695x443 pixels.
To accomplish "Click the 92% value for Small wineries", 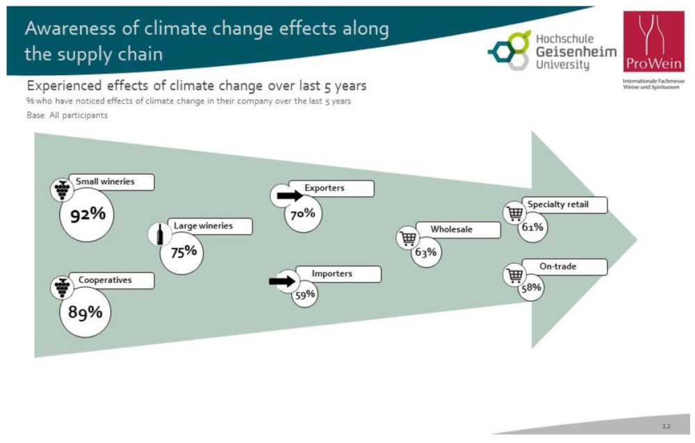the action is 88,215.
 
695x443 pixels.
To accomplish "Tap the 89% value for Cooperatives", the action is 85,312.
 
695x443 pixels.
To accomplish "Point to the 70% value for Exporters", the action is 303,214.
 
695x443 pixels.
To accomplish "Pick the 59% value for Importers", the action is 305,294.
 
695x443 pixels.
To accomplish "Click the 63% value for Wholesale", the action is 426,252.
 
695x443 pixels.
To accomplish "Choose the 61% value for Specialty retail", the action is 532,227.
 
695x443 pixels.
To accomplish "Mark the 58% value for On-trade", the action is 531,288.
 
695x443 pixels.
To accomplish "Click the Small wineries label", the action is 105,182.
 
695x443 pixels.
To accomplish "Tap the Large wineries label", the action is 203,226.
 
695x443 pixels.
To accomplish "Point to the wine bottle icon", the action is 160,234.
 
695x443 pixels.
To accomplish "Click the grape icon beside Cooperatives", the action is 62,287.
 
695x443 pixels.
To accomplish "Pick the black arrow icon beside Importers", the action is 282,281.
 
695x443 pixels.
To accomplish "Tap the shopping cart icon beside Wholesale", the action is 408,238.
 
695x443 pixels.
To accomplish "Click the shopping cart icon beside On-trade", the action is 514,275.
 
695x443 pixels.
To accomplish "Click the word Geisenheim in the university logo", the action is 576,51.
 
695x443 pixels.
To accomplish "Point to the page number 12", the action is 667,426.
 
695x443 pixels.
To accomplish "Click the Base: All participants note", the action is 67,115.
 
